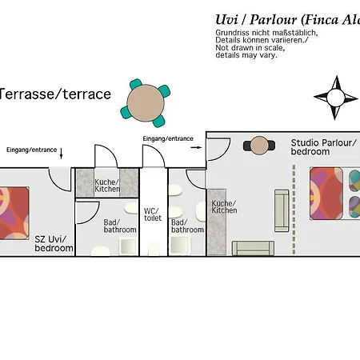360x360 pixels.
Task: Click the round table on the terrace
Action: [146, 103]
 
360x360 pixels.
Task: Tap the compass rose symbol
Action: [335, 98]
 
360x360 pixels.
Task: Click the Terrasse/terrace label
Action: [54, 94]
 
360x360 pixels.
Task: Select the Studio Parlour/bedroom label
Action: [323, 147]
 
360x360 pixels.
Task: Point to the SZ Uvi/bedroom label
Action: [54, 243]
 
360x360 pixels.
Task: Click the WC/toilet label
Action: [153, 214]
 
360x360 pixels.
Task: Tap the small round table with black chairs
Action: [259, 146]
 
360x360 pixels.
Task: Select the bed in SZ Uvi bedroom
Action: [14, 213]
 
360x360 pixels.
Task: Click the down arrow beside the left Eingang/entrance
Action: [61, 154]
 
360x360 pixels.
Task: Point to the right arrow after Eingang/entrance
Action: [196, 147]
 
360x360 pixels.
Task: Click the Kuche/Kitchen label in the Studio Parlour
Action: [224, 206]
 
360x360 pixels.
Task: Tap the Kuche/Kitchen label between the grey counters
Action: [107, 186]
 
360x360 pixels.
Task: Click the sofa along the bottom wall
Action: [253, 248]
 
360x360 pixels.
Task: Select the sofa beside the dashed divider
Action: [282, 210]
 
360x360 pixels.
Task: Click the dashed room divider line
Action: [294, 209]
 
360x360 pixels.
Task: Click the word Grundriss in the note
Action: [232, 33]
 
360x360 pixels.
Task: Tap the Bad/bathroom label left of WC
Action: [120, 226]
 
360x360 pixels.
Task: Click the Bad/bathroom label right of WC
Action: [187, 226]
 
